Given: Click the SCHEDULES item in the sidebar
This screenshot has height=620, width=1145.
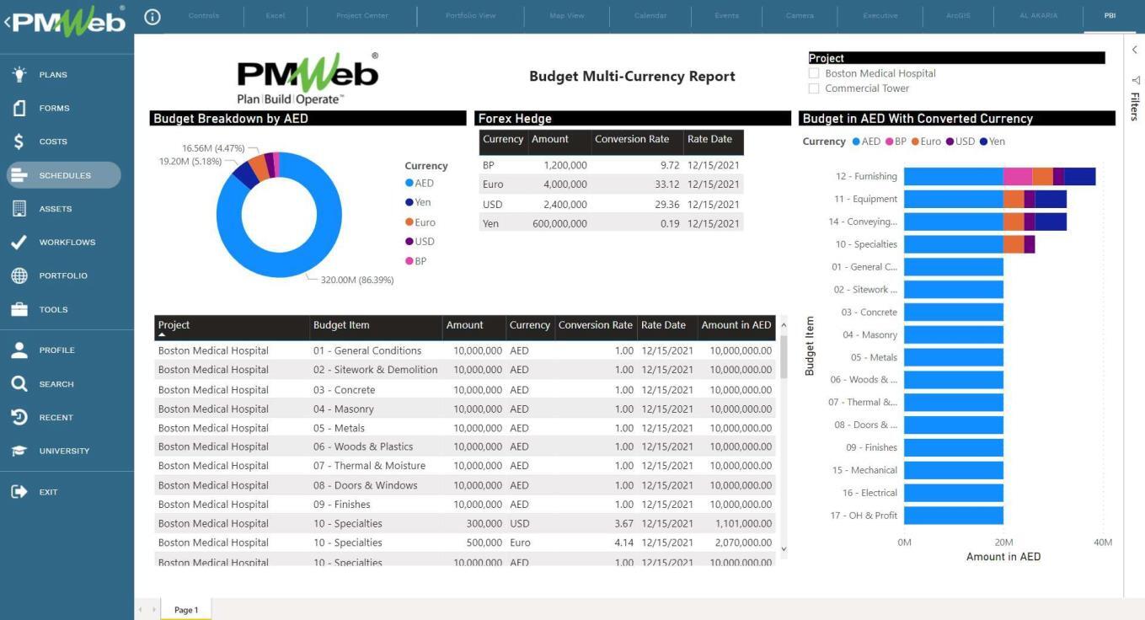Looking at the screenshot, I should pyautogui.click(x=64, y=175).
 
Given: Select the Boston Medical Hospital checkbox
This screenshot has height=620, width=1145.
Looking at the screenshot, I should pyautogui.click(x=814, y=73).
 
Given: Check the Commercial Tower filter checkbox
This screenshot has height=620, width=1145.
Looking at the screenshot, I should pyautogui.click(x=814, y=88).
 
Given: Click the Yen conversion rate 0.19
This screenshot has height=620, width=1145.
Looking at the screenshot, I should pyautogui.click(x=670, y=223).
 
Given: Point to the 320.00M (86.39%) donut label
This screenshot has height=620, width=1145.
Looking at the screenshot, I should pyautogui.click(x=357, y=280).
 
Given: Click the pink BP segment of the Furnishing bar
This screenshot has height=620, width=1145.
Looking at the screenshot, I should pyautogui.click(x=1017, y=176).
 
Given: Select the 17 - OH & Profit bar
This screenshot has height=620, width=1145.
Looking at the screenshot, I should pyautogui.click(x=953, y=516).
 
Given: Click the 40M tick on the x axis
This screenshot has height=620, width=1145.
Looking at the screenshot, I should pyautogui.click(x=1102, y=542).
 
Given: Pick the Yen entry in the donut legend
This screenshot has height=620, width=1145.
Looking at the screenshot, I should pyautogui.click(x=422, y=202).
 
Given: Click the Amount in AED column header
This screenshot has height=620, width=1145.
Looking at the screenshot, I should pyautogui.click(x=736, y=325).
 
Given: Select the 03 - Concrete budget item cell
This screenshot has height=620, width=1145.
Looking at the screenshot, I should pyautogui.click(x=344, y=390).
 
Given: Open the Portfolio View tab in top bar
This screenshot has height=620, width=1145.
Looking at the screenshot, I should pyautogui.click(x=470, y=16).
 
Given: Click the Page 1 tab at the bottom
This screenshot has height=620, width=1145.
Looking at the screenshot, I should pyautogui.click(x=186, y=610).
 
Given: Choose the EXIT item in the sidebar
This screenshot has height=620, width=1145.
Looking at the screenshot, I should pyautogui.click(x=48, y=492).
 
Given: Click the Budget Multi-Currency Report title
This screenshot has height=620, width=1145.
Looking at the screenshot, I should pyautogui.click(x=632, y=77).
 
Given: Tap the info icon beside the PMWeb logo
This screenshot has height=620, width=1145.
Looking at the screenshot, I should pyautogui.click(x=152, y=17).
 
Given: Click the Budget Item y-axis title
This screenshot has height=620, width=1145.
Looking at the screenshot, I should pyautogui.click(x=810, y=345).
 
